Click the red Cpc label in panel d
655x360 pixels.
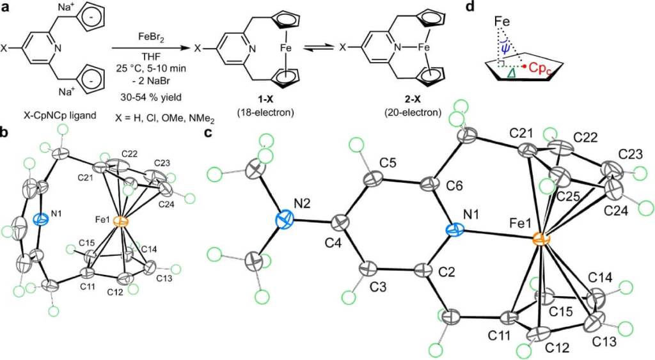click(542, 66)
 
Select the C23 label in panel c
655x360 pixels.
click(631, 155)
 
